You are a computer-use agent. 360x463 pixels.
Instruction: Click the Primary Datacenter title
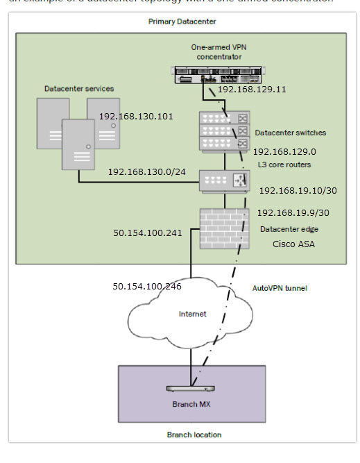coord(182,22)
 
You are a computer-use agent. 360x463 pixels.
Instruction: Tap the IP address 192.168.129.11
coord(252,90)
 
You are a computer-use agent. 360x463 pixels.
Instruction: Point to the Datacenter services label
coord(79,89)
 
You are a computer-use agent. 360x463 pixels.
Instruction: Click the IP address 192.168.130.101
coord(136,116)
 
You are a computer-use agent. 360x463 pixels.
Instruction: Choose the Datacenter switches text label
coord(290,132)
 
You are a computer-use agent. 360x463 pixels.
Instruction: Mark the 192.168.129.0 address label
coord(284,151)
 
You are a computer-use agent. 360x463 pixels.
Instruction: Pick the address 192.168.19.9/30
coord(292,213)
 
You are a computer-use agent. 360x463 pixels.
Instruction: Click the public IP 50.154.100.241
coord(148,233)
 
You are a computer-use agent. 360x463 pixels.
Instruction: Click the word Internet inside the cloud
coord(192,314)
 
